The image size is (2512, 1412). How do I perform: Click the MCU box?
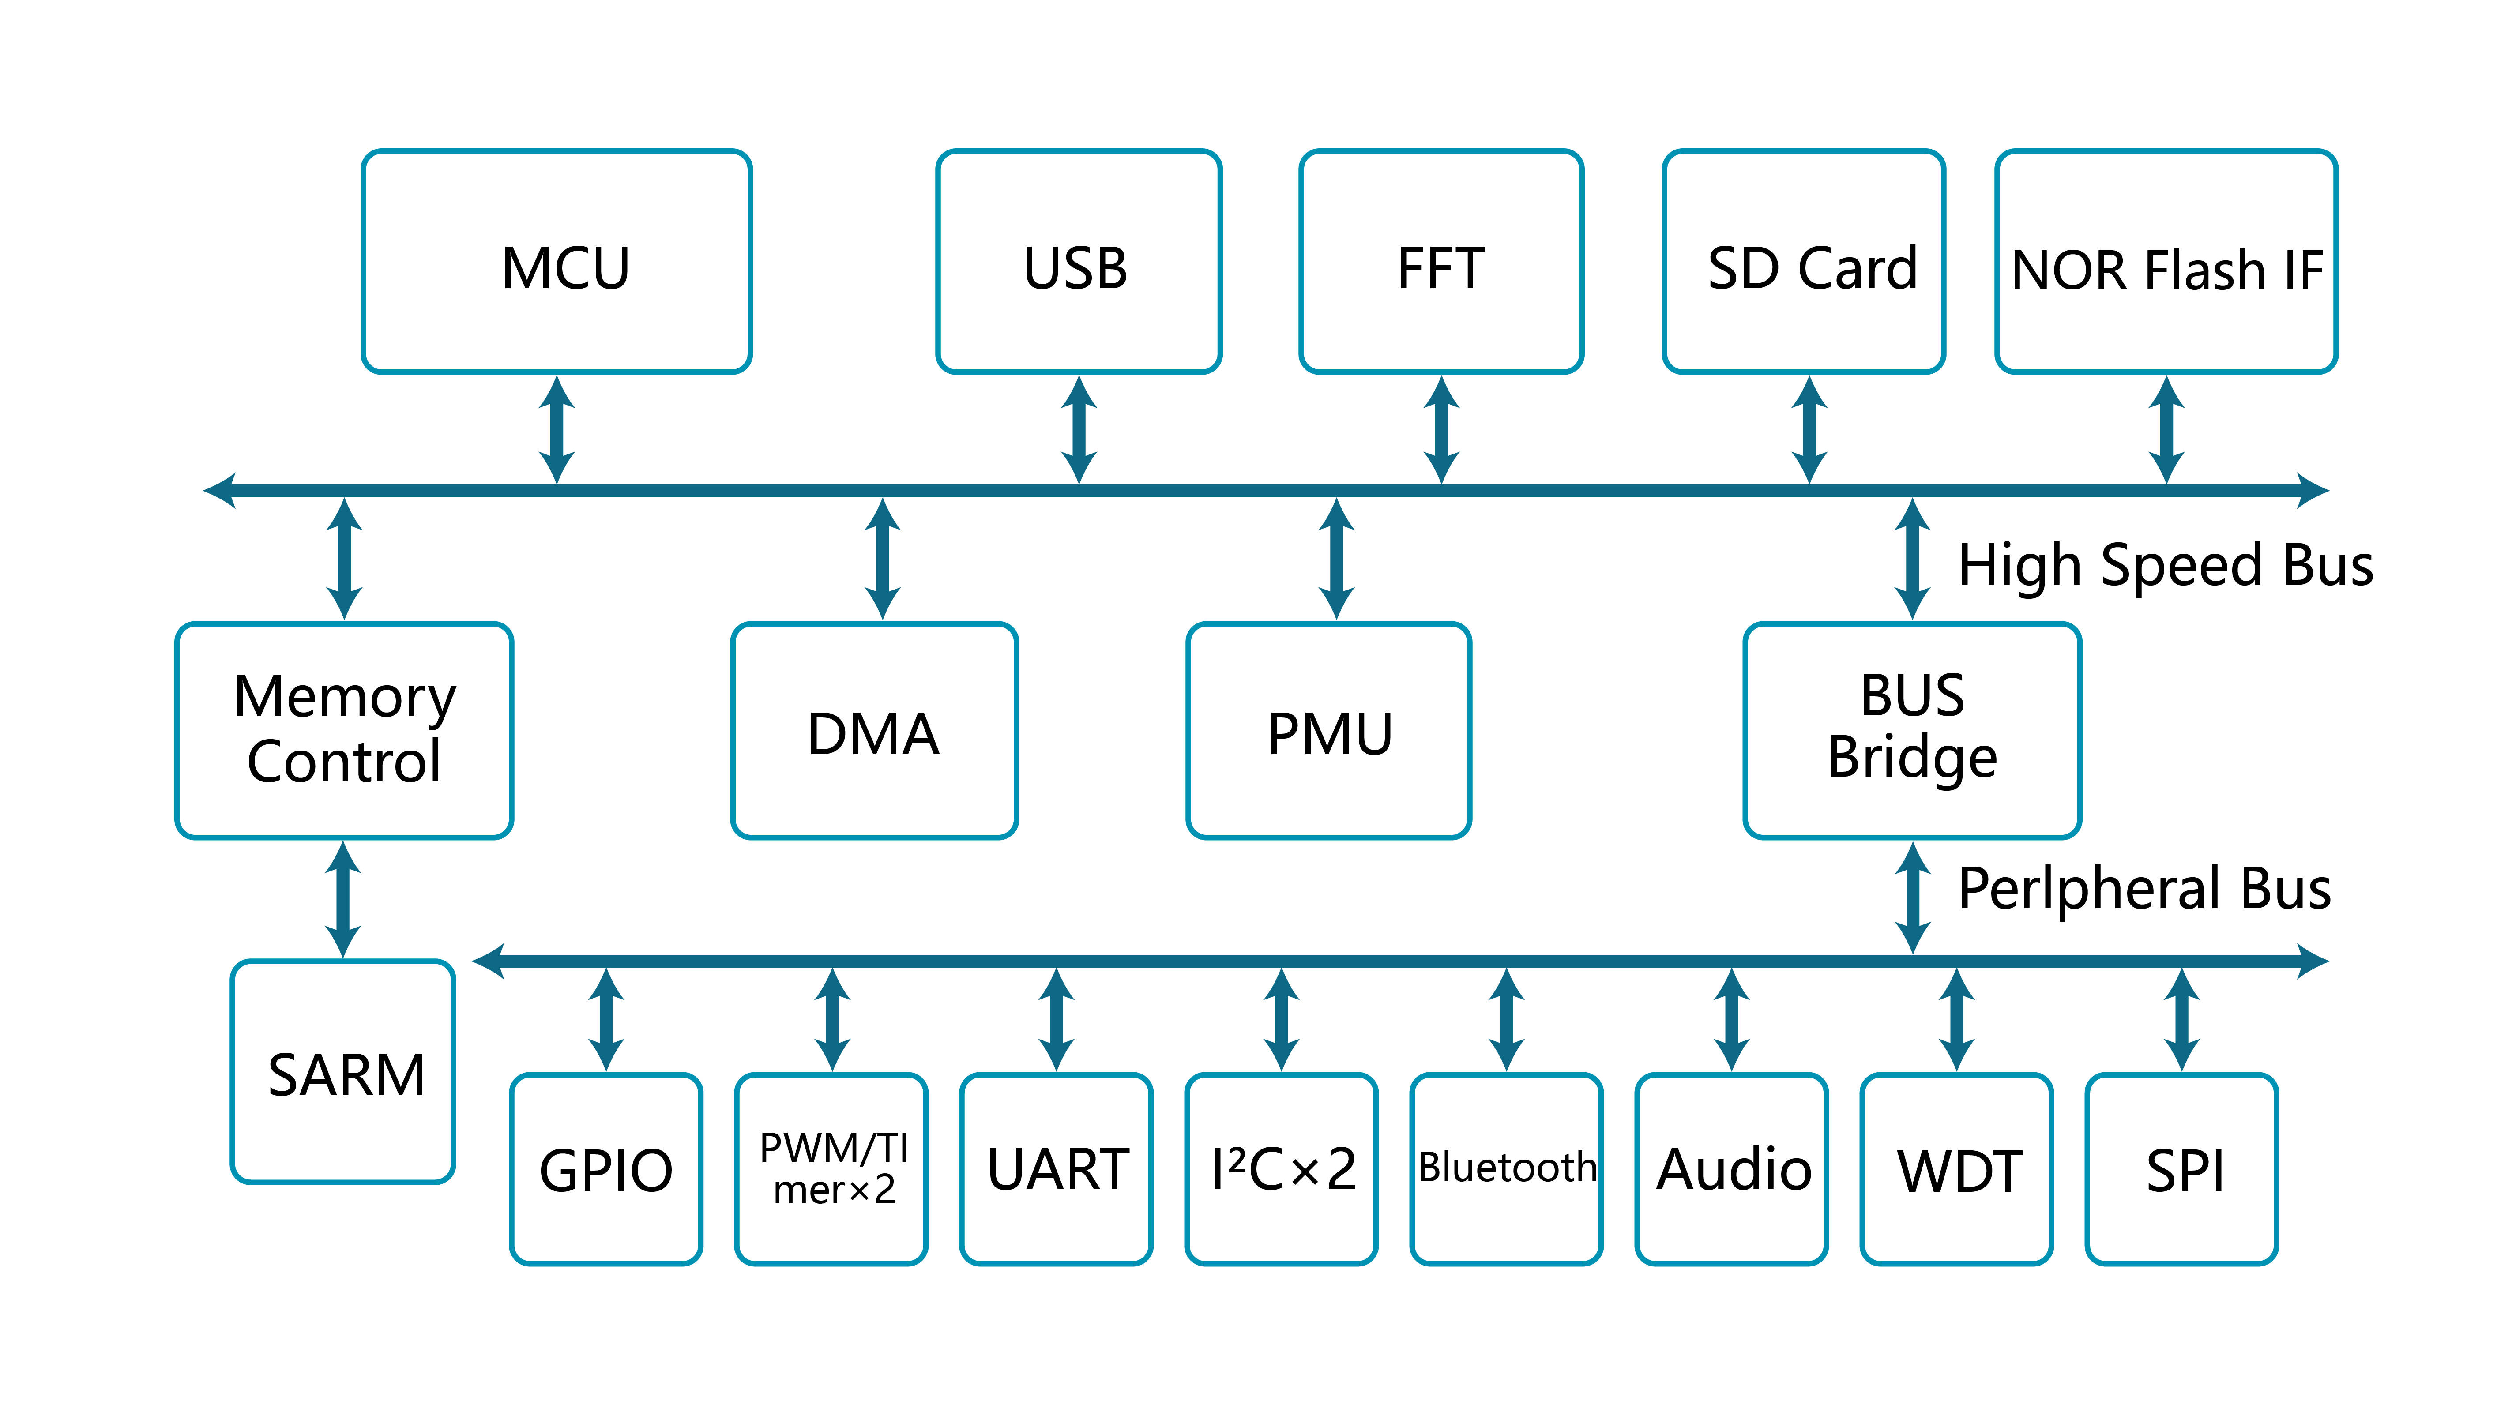[x=556, y=261]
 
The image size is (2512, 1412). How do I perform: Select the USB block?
[x=1079, y=261]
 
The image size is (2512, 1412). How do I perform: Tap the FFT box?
[x=1441, y=261]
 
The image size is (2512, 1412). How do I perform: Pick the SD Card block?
[x=1804, y=261]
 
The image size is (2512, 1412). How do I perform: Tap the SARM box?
[x=343, y=1072]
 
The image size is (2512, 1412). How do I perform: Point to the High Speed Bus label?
[x=2165, y=566]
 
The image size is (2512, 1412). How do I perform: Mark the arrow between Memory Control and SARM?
[x=343, y=899]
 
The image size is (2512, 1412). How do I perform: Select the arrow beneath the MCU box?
[x=557, y=429]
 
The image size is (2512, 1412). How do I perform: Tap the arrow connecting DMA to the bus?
[x=883, y=559]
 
